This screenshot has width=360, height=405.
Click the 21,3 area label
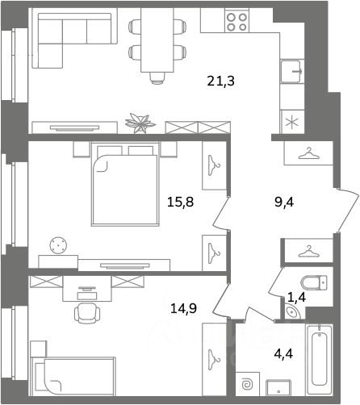[220, 81]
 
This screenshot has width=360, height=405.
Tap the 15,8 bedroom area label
[180, 202]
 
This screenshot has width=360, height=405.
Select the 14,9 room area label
[183, 308]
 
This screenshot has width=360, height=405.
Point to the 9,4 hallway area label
[284, 202]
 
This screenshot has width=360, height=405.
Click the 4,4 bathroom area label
[283, 354]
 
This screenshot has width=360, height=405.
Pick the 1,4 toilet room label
[297, 298]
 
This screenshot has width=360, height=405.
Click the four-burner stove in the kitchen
[237, 22]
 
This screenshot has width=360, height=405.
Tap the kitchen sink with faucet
[291, 71]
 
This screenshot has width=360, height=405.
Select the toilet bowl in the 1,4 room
[314, 282]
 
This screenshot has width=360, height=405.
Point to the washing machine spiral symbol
[247, 385]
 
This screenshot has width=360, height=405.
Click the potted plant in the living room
[140, 123]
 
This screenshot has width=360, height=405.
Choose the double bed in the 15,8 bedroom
[125, 184]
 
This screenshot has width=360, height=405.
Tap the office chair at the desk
[87, 314]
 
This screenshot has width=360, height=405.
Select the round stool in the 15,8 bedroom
[58, 245]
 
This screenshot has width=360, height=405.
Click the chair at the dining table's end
[157, 78]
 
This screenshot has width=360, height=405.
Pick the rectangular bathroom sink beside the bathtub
[278, 387]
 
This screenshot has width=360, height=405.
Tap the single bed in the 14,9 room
[73, 377]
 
